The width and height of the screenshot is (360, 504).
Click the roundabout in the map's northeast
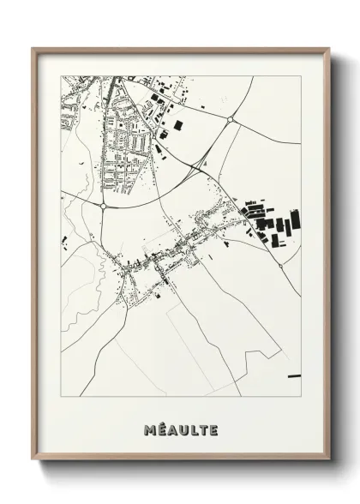(231, 119)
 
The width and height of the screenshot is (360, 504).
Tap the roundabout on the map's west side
(103, 206)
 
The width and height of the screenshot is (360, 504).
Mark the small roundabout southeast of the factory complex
(280, 265)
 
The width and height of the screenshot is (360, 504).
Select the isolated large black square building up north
(178, 125)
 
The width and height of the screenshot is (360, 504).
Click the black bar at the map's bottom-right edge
(294, 375)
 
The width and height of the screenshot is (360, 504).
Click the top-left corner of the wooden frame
(33, 48)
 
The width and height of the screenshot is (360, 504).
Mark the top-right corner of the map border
(301, 76)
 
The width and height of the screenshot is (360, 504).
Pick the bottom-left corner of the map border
(62, 397)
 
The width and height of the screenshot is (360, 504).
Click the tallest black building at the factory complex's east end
(297, 220)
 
